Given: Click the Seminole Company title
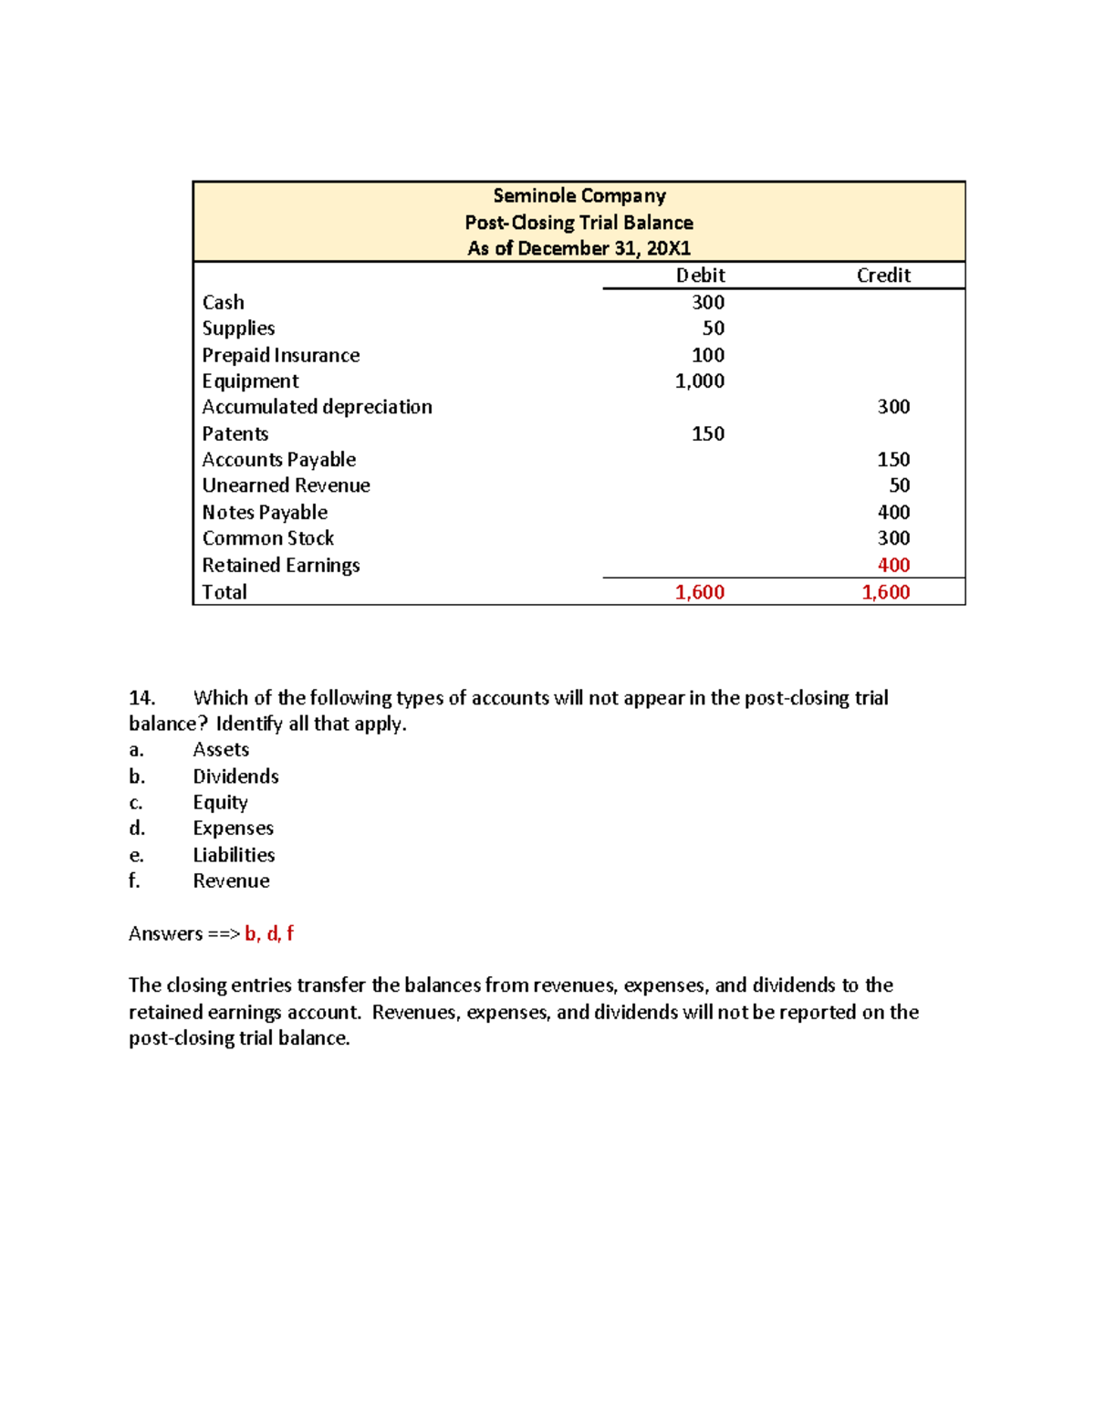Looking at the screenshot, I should click(x=579, y=196).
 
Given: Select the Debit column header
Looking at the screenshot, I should click(x=700, y=276).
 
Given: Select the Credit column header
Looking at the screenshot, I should click(x=883, y=276).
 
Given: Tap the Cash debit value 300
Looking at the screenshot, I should click(x=708, y=303).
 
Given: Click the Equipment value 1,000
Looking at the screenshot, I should click(x=700, y=381).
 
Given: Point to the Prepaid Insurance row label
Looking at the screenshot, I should click(x=281, y=356).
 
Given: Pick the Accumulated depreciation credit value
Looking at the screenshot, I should click(x=893, y=407).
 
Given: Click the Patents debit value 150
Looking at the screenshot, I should click(x=708, y=434).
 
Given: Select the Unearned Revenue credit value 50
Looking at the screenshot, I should click(x=900, y=485).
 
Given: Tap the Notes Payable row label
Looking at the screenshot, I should click(x=265, y=513).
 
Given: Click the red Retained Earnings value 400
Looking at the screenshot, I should click(x=893, y=566).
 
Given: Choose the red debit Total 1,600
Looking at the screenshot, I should click(x=700, y=592).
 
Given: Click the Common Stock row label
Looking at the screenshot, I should click(x=268, y=538).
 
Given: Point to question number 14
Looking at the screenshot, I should click(x=141, y=698).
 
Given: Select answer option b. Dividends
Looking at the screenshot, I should click(x=235, y=776).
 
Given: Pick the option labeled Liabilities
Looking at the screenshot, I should click(x=234, y=855).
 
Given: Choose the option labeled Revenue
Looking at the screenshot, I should click(x=231, y=881).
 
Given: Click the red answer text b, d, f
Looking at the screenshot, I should click(x=269, y=933).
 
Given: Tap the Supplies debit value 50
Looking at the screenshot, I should click(x=714, y=328).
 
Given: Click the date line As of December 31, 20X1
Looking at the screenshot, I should click(x=579, y=248).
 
